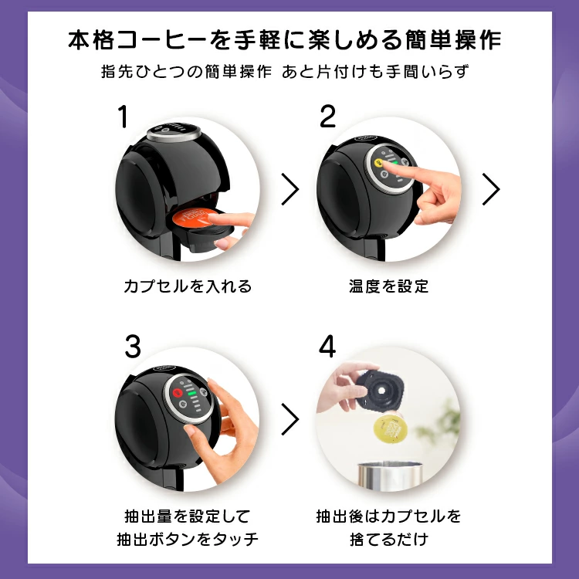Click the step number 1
tap(123, 117)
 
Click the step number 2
tap(327, 117)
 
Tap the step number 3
tap(133, 347)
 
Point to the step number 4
tap(327, 347)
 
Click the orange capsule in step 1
tap(194, 218)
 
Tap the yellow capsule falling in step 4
tap(390, 428)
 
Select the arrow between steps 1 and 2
tap(290, 189)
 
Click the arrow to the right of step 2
tap(491, 189)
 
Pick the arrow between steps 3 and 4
tap(290, 419)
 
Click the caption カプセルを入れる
tap(188, 286)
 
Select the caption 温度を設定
tap(388, 286)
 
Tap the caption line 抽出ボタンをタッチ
tap(188, 539)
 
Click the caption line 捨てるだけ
tap(389, 539)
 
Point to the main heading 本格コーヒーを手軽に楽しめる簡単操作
tap(285, 40)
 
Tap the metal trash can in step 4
tap(390, 476)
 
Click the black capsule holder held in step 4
tap(381, 390)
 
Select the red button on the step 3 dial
tap(178, 392)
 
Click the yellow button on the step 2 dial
tap(378, 163)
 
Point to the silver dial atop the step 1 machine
tap(174, 132)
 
